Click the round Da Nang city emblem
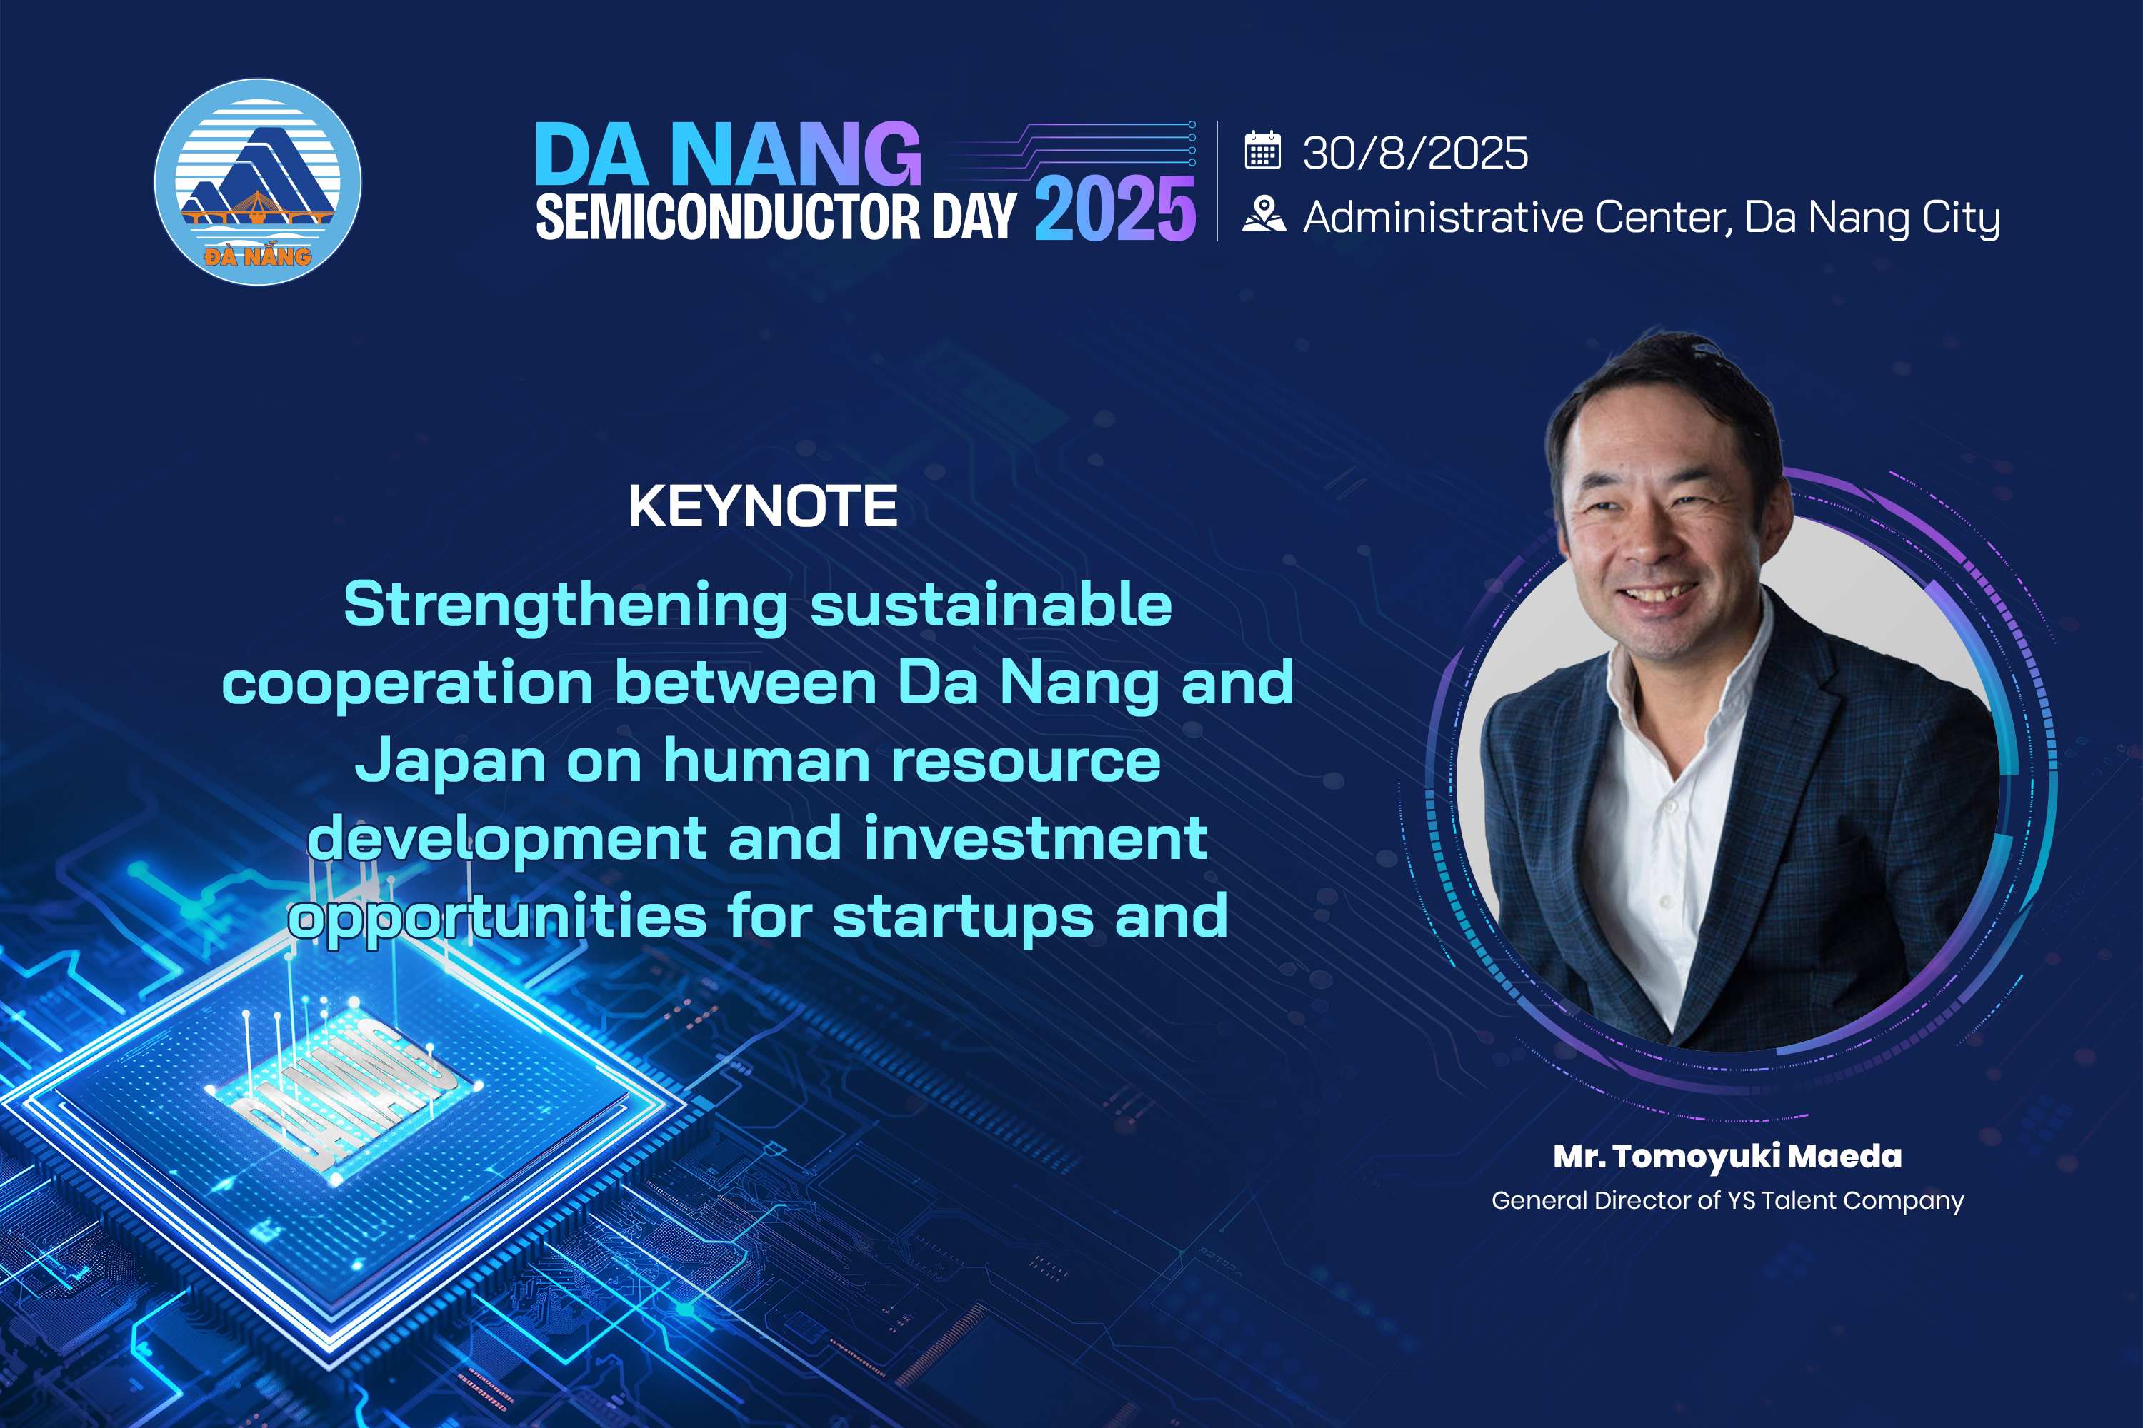258,182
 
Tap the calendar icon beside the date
1263,150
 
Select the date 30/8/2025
1415,152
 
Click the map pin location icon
1264,215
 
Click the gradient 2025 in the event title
1115,209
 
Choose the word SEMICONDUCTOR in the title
728,217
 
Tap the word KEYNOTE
763,506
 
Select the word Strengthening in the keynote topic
566,605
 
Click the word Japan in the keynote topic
450,761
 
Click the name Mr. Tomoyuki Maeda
1727,1157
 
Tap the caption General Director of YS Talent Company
1727,1200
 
